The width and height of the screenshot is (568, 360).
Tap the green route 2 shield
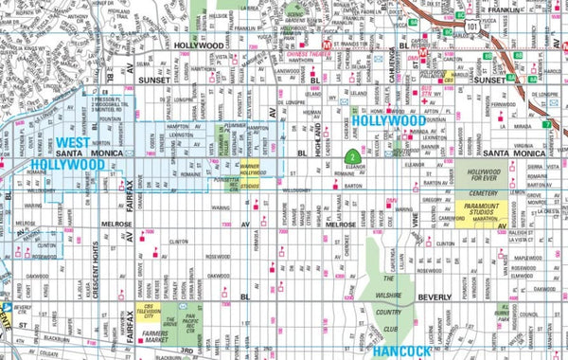[350, 156]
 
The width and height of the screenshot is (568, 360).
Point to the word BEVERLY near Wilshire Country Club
[435, 297]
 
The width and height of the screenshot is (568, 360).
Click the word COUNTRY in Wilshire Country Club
[388, 310]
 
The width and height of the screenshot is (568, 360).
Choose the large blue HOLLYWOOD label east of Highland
[390, 121]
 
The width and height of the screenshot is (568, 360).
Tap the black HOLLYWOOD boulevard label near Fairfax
[199, 45]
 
